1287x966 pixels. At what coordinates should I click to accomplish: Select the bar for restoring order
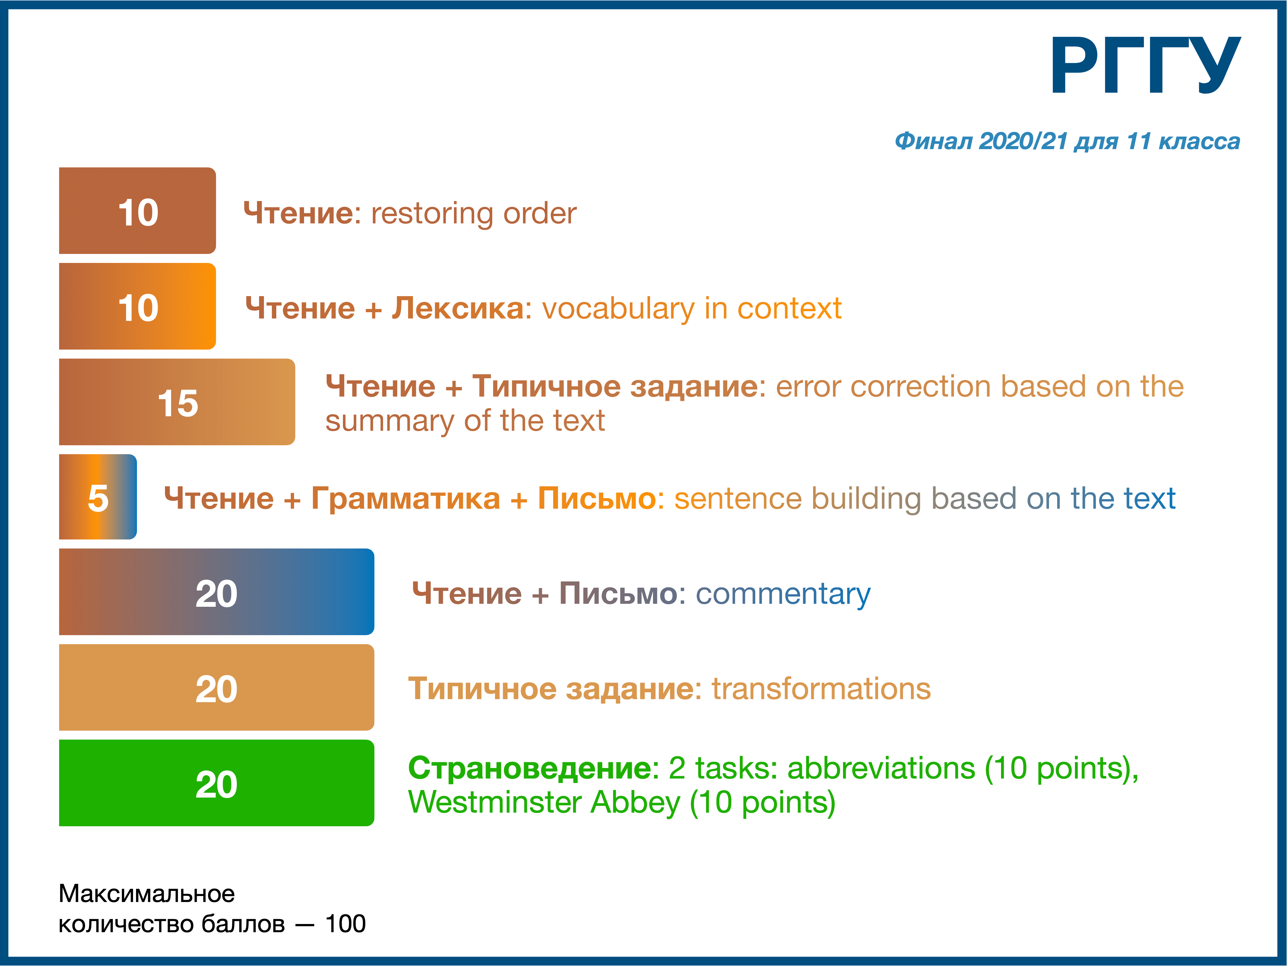(x=137, y=211)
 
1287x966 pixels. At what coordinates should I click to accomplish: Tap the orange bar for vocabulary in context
(x=137, y=306)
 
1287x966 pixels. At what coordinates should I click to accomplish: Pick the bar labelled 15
(x=177, y=402)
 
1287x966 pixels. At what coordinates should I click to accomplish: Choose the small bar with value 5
(x=98, y=497)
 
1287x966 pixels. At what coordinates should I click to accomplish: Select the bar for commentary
(x=217, y=592)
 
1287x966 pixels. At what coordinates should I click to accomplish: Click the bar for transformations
(x=217, y=687)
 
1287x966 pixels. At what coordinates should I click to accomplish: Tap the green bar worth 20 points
(x=217, y=782)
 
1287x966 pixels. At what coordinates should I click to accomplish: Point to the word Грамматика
(x=406, y=499)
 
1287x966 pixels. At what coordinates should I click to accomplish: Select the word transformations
(x=821, y=689)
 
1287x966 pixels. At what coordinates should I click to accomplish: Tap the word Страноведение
(x=532, y=769)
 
